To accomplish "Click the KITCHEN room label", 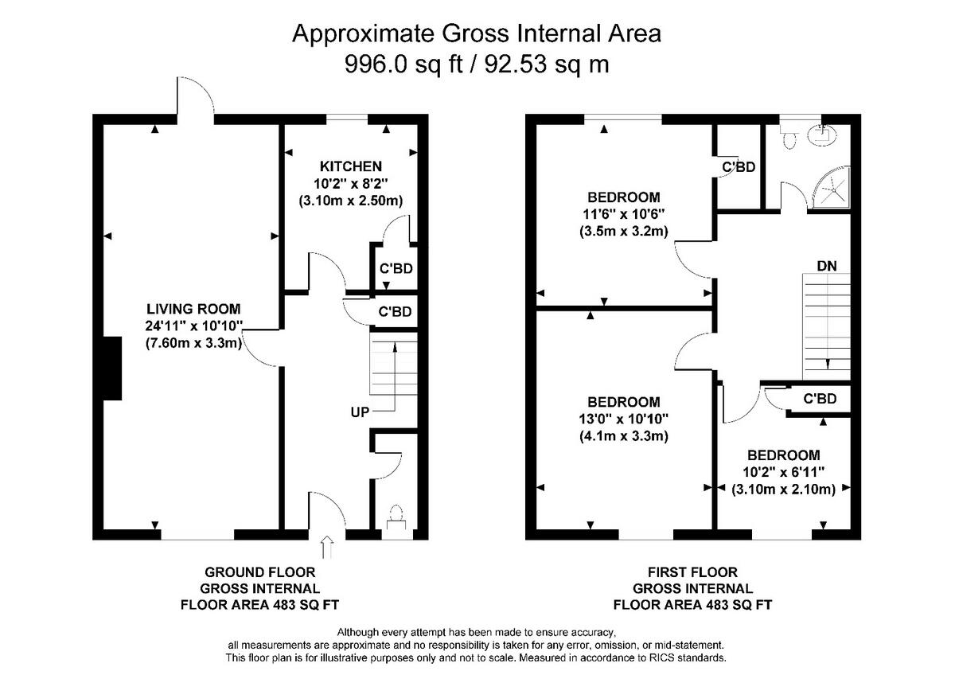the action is [x=351, y=166].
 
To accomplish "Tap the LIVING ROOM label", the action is [x=193, y=309].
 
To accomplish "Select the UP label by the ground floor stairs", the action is [x=360, y=412].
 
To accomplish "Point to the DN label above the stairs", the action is [x=827, y=266].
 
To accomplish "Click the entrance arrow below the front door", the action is [x=327, y=548].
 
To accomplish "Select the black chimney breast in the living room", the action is [x=112, y=369].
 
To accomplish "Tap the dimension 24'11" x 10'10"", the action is [x=193, y=326].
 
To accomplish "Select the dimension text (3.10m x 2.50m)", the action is [x=351, y=201].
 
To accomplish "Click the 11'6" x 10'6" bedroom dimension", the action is [x=624, y=214].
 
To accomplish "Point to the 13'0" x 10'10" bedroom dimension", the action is [x=624, y=419].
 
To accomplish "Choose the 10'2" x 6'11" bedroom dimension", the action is [x=784, y=472].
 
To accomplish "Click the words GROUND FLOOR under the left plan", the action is [x=260, y=572].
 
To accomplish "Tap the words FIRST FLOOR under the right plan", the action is [x=693, y=572].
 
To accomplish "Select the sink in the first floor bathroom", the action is [x=822, y=135].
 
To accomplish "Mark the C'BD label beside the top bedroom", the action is [x=739, y=166].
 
